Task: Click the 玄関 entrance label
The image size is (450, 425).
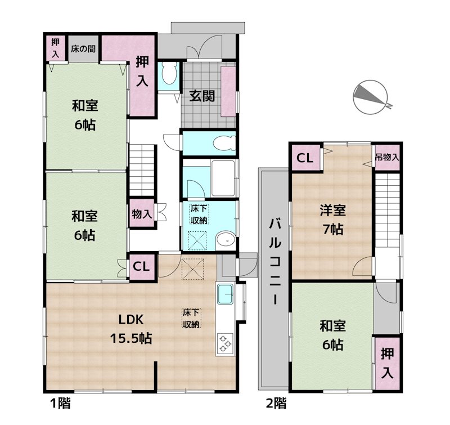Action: pyautogui.click(x=202, y=96)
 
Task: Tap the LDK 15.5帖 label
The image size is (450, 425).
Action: pyautogui.click(x=131, y=329)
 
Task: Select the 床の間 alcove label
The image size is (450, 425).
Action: pyautogui.click(x=83, y=48)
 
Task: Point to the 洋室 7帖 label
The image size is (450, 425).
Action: pyautogui.click(x=333, y=220)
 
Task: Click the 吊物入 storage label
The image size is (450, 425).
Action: pyautogui.click(x=387, y=157)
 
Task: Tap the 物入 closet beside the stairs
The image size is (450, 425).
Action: pyautogui.click(x=142, y=214)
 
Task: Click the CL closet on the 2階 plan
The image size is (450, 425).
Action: pyautogui.click(x=304, y=158)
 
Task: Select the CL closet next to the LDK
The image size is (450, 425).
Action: pyautogui.click(x=141, y=266)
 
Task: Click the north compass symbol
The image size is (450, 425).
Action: pyautogui.click(x=371, y=97)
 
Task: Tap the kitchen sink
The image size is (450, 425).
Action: pyautogui.click(x=226, y=294)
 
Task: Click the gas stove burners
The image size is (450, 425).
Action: pyautogui.click(x=225, y=343)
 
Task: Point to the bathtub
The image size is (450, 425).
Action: pyautogui.click(x=223, y=178)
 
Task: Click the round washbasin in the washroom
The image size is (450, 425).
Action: pyautogui.click(x=226, y=240)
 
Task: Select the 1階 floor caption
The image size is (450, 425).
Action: pyautogui.click(x=60, y=404)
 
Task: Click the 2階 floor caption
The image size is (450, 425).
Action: pyautogui.click(x=276, y=404)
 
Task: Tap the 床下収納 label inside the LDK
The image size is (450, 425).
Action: pyautogui.click(x=192, y=318)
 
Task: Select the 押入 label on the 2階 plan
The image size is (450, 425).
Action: pyautogui.click(x=387, y=364)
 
